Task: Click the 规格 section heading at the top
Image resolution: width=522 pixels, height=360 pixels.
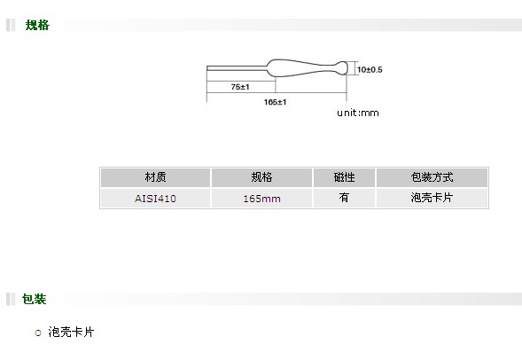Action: click(37, 26)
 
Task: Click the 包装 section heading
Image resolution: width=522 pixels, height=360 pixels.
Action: click(34, 299)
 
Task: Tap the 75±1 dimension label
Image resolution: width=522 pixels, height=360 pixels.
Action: click(240, 87)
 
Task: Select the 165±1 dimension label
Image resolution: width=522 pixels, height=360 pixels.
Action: click(275, 102)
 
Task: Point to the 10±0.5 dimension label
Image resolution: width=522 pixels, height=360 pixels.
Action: click(370, 69)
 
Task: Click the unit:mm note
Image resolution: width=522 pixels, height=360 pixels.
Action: click(358, 113)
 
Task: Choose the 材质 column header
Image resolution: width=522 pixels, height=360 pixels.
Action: click(155, 177)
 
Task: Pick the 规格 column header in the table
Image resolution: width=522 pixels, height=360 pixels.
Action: click(261, 177)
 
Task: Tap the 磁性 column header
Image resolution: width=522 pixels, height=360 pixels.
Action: click(344, 177)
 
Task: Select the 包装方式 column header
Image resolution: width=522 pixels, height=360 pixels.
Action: click(432, 177)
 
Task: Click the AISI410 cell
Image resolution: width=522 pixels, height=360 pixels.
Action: click(155, 199)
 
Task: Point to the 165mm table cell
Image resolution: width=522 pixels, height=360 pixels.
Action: click(261, 199)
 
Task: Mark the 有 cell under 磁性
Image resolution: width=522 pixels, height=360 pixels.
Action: click(344, 198)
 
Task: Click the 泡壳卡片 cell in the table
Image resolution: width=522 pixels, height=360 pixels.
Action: click(432, 198)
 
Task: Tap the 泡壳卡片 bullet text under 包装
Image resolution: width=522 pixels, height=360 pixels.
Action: click(71, 332)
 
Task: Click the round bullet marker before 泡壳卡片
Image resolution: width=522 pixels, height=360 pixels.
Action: click(38, 333)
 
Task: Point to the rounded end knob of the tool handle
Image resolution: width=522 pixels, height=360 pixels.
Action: click(341, 68)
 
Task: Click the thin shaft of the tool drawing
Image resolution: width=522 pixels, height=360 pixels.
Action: click(237, 68)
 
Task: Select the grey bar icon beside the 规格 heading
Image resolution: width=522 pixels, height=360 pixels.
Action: click(11, 26)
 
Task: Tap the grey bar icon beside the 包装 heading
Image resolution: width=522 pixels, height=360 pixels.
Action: click(11, 299)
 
